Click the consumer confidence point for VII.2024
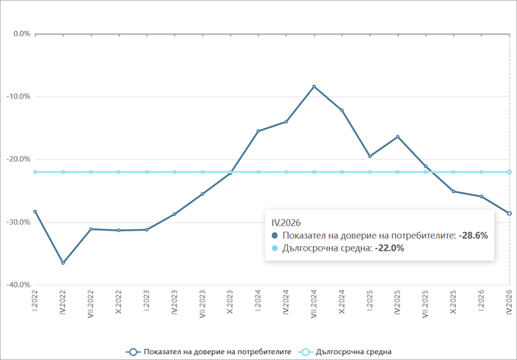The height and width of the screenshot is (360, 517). tap(314, 86)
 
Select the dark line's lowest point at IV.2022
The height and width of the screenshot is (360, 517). tap(63, 262)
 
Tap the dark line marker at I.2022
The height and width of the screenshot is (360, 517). tap(35, 211)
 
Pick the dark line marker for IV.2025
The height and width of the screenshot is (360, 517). tap(397, 137)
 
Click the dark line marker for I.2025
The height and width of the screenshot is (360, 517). tap(369, 156)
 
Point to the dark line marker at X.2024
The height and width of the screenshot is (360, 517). tap(342, 110)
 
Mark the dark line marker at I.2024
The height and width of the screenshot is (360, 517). tap(258, 131)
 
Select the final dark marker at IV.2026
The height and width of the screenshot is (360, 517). tap(510, 214)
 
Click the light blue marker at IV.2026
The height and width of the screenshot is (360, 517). tap(510, 172)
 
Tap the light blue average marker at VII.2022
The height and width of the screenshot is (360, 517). tap(91, 172)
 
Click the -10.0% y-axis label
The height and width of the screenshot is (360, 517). tap(18, 96)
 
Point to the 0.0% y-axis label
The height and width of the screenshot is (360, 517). tap(21, 34)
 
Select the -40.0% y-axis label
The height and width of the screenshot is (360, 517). tap(18, 285)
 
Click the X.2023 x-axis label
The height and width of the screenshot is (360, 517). tap(230, 302)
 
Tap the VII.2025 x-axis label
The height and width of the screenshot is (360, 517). tap(425, 304)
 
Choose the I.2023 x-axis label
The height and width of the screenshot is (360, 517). tap(147, 301)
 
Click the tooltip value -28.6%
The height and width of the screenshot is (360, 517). tap(473, 236)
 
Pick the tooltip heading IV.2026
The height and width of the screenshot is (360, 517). tap(287, 223)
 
